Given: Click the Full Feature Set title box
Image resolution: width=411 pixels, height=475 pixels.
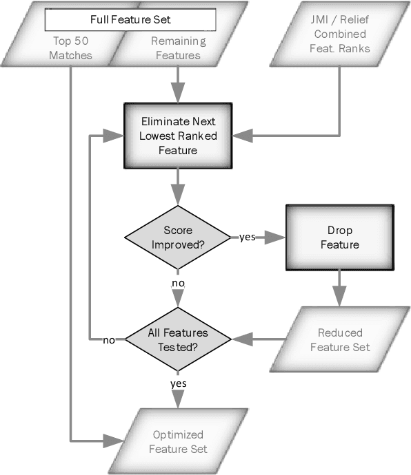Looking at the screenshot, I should (x=131, y=19).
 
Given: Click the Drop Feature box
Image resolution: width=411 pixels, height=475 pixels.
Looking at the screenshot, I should (x=339, y=236).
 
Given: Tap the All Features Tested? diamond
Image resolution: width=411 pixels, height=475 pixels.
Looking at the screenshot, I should (x=178, y=339).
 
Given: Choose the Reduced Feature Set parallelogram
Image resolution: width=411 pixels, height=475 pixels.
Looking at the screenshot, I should (x=339, y=339).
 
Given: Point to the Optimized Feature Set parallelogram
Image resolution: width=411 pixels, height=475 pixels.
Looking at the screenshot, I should (x=178, y=441).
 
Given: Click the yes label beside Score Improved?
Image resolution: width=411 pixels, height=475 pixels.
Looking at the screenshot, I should (x=247, y=237).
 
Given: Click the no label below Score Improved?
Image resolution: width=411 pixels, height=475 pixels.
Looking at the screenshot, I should (x=178, y=282).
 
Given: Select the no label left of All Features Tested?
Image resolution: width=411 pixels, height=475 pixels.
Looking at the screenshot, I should (x=108, y=340).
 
